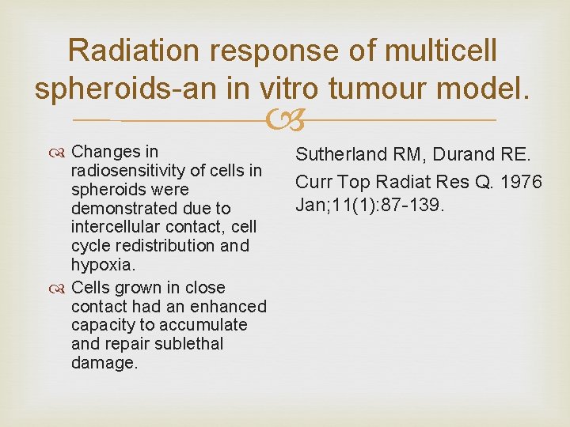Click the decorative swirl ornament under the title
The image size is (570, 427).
[285, 122]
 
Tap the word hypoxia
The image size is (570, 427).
[101, 265]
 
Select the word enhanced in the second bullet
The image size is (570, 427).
[233, 306]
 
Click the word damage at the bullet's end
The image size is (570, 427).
[104, 363]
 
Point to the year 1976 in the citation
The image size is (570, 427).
[522, 182]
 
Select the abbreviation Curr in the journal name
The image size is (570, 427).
[314, 182]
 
